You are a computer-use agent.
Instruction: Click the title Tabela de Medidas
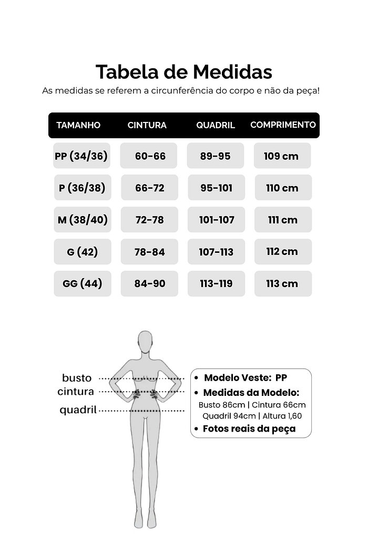click(183, 72)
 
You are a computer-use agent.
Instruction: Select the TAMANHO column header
click(78, 125)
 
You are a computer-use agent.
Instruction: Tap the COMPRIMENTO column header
click(283, 125)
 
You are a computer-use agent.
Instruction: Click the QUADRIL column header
click(216, 125)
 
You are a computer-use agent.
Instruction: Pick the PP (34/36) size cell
click(81, 156)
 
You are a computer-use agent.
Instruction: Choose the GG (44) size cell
click(83, 284)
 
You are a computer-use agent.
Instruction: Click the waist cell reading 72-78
click(149, 220)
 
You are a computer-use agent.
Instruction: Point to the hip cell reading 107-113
click(216, 252)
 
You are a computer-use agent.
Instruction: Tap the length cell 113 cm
click(283, 284)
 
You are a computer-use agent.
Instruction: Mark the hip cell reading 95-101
click(216, 188)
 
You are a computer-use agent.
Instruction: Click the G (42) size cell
click(83, 252)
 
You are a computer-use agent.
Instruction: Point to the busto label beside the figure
click(77, 378)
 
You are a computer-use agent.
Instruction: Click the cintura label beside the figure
click(76, 392)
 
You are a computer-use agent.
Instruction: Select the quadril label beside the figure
click(78, 410)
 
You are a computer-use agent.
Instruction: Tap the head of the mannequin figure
click(145, 342)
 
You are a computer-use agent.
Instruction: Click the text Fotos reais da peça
click(249, 428)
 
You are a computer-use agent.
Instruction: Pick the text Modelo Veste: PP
click(246, 377)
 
